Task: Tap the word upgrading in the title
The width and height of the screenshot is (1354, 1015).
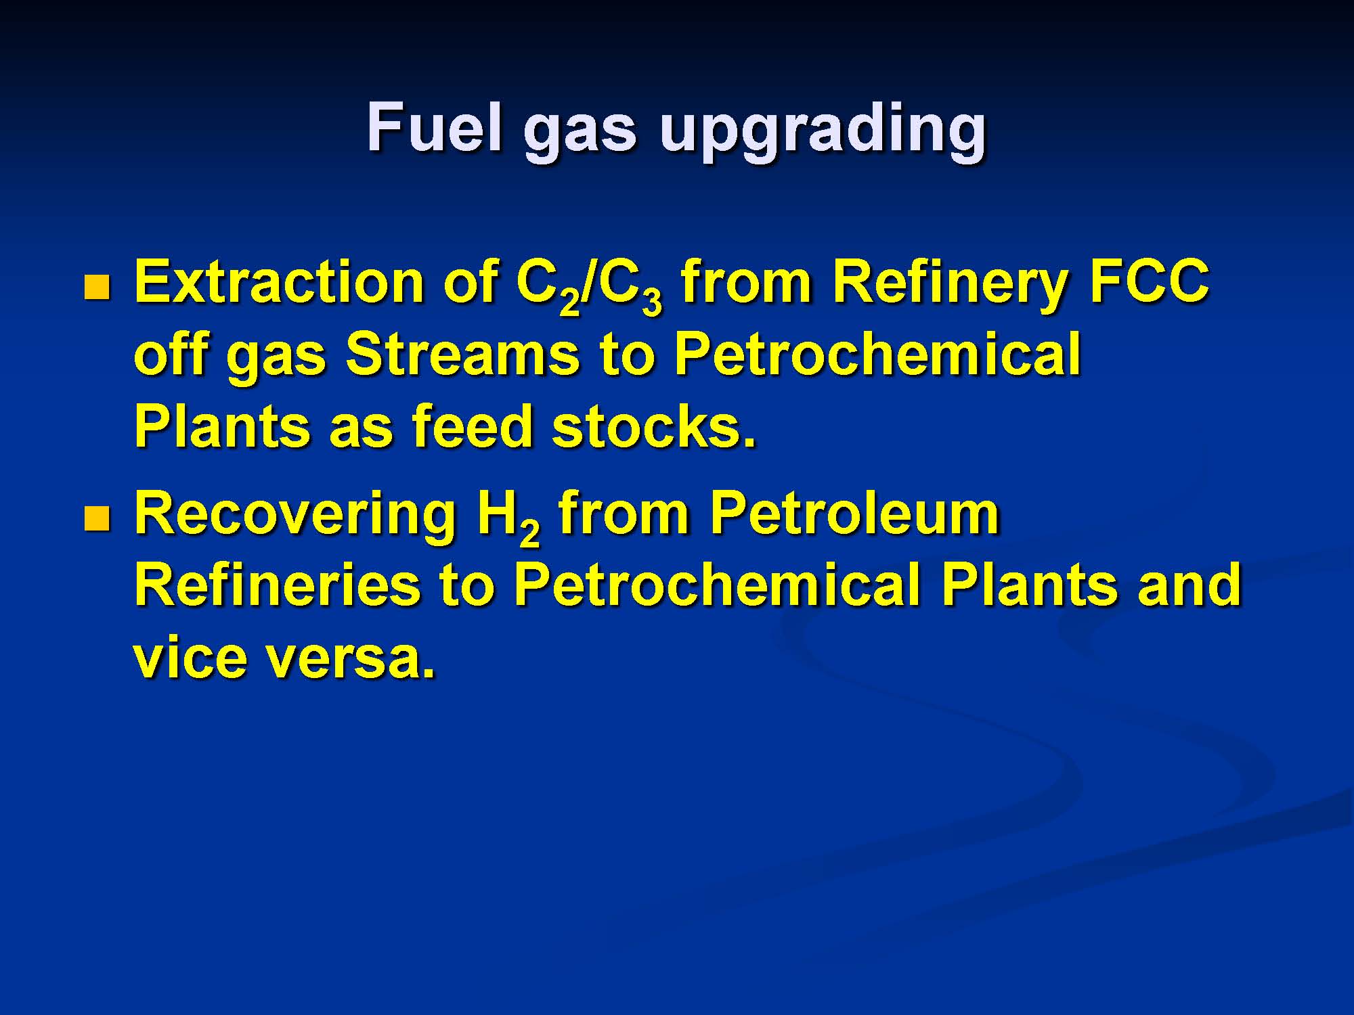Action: point(823,133)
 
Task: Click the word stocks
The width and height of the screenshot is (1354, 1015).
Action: point(653,426)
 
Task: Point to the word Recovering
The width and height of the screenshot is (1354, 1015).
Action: point(295,518)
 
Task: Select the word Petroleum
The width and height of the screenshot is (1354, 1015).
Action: point(854,513)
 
